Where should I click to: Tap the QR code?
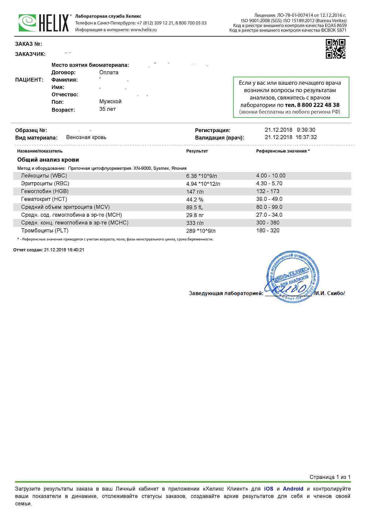(x=335, y=49)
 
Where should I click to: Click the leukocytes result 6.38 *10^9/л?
(x=201, y=176)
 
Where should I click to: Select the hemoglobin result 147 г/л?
(x=195, y=192)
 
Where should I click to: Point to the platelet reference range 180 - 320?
(x=268, y=231)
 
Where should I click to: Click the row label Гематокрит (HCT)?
(x=44, y=199)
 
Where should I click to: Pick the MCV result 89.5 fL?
(x=195, y=207)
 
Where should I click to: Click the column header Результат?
(x=197, y=151)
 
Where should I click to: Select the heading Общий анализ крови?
(x=48, y=160)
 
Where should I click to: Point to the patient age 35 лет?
(x=107, y=109)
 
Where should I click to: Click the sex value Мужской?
(x=110, y=101)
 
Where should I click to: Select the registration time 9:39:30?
(x=306, y=130)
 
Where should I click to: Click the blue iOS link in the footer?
(x=268, y=489)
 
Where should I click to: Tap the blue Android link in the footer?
(x=293, y=489)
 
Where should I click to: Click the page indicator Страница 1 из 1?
(x=330, y=477)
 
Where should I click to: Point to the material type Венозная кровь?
(x=86, y=137)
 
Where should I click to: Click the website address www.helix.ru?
(x=144, y=30)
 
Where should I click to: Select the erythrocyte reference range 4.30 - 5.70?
(x=269, y=183)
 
